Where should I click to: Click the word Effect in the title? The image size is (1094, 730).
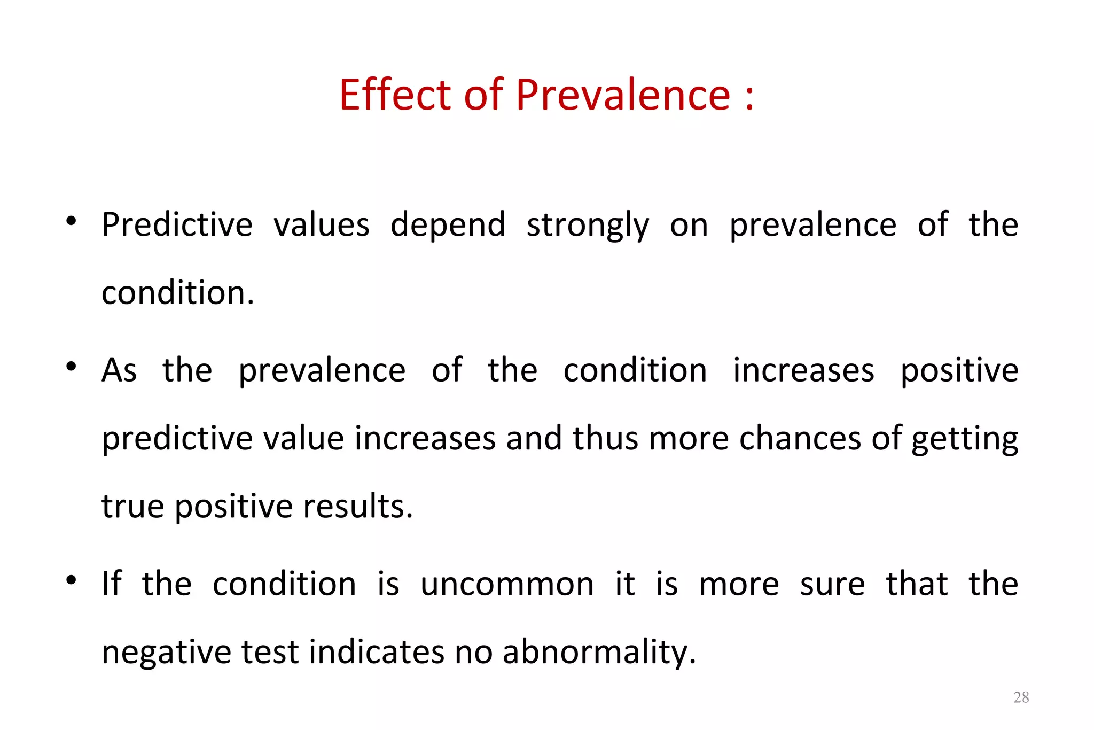(396, 95)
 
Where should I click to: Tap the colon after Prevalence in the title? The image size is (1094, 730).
(749, 96)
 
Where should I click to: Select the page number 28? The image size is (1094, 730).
(1021, 697)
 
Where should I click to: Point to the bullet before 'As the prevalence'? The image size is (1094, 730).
(71, 367)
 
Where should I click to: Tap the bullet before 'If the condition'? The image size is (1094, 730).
(71, 580)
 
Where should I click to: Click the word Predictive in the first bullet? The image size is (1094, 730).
(177, 224)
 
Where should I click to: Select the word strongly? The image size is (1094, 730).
(588, 226)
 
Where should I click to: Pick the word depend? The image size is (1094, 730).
(448, 226)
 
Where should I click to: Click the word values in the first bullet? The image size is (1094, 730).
(322, 224)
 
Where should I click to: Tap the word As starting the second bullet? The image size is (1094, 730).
(119, 370)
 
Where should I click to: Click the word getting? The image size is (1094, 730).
(965, 439)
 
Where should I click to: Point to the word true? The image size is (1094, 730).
(132, 506)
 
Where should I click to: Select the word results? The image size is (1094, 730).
(358, 506)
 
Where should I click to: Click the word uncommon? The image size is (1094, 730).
(507, 584)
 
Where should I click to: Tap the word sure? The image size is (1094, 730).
(832, 584)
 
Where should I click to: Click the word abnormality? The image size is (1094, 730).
(599, 652)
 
